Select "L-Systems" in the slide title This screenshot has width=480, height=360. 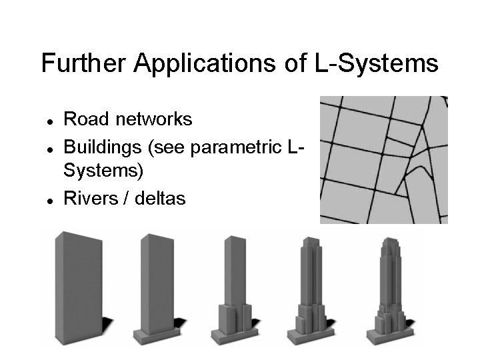375,64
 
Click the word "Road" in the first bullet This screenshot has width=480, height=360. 87,119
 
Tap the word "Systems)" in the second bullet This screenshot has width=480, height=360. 103,171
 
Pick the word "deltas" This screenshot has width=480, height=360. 160,198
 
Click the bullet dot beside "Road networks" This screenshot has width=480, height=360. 50,121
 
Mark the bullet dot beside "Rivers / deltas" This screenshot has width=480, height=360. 50,199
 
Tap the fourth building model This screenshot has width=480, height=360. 310,293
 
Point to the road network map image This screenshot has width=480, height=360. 383,160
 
